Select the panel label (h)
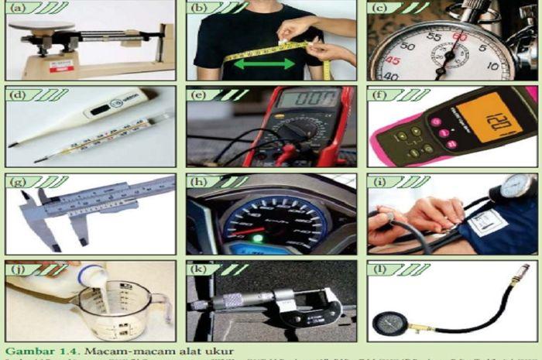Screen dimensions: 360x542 200,183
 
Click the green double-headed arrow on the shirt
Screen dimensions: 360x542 265,64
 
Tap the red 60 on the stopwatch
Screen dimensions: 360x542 459,36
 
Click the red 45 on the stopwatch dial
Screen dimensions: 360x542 394,61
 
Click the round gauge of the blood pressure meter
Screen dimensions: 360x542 516,187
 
